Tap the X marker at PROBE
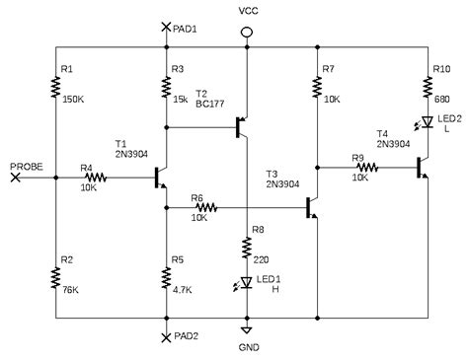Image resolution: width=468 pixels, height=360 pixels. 14,178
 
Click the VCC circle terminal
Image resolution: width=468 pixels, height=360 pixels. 247,33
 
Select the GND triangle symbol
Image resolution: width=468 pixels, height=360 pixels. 247,330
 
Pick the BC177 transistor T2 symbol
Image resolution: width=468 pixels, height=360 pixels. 241,126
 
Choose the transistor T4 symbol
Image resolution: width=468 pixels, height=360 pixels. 424,168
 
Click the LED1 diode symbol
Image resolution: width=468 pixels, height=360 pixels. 247,285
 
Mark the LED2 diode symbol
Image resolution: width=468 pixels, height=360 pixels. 428,122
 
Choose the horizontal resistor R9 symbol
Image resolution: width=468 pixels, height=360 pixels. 366,168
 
